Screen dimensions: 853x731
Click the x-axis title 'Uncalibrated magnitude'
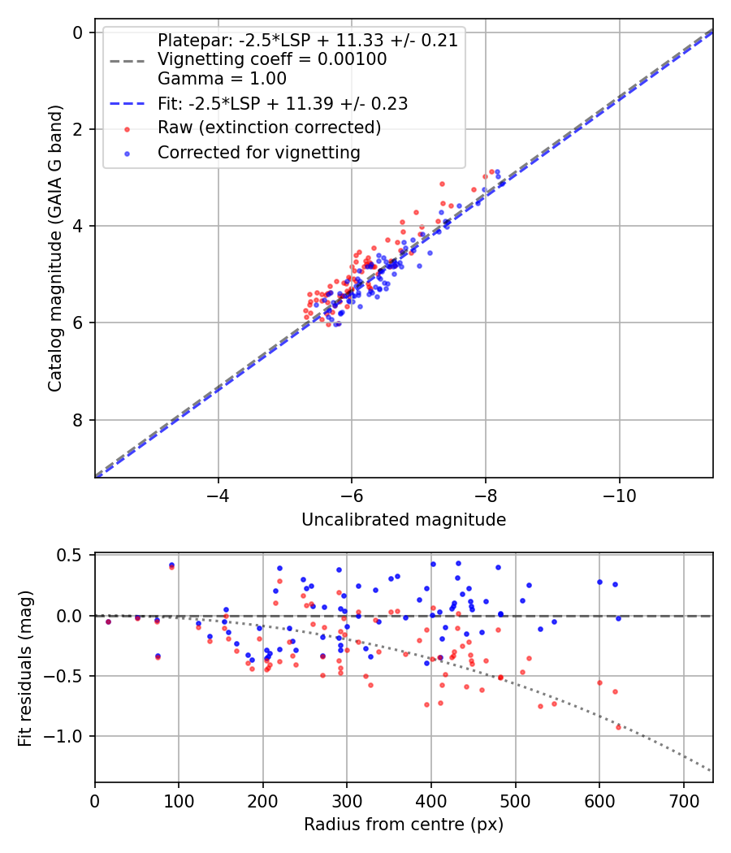point(404,520)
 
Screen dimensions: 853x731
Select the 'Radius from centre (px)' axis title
point(404,825)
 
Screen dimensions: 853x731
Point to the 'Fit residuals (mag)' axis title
point(25,668)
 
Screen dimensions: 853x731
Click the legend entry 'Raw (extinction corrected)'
point(269,128)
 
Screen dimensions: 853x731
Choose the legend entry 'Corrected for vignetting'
point(259,153)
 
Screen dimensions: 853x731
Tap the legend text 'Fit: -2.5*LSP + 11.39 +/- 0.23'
point(283,103)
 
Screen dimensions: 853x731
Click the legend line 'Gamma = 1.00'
point(222,79)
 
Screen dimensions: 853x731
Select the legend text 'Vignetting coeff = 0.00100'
point(272,59)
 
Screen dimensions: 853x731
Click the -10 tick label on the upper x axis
point(619,495)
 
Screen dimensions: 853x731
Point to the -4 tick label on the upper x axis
point(218,495)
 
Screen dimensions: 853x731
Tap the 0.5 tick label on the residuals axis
point(73,556)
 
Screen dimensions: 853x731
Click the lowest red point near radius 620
point(618,726)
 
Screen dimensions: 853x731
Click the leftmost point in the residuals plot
point(108,621)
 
